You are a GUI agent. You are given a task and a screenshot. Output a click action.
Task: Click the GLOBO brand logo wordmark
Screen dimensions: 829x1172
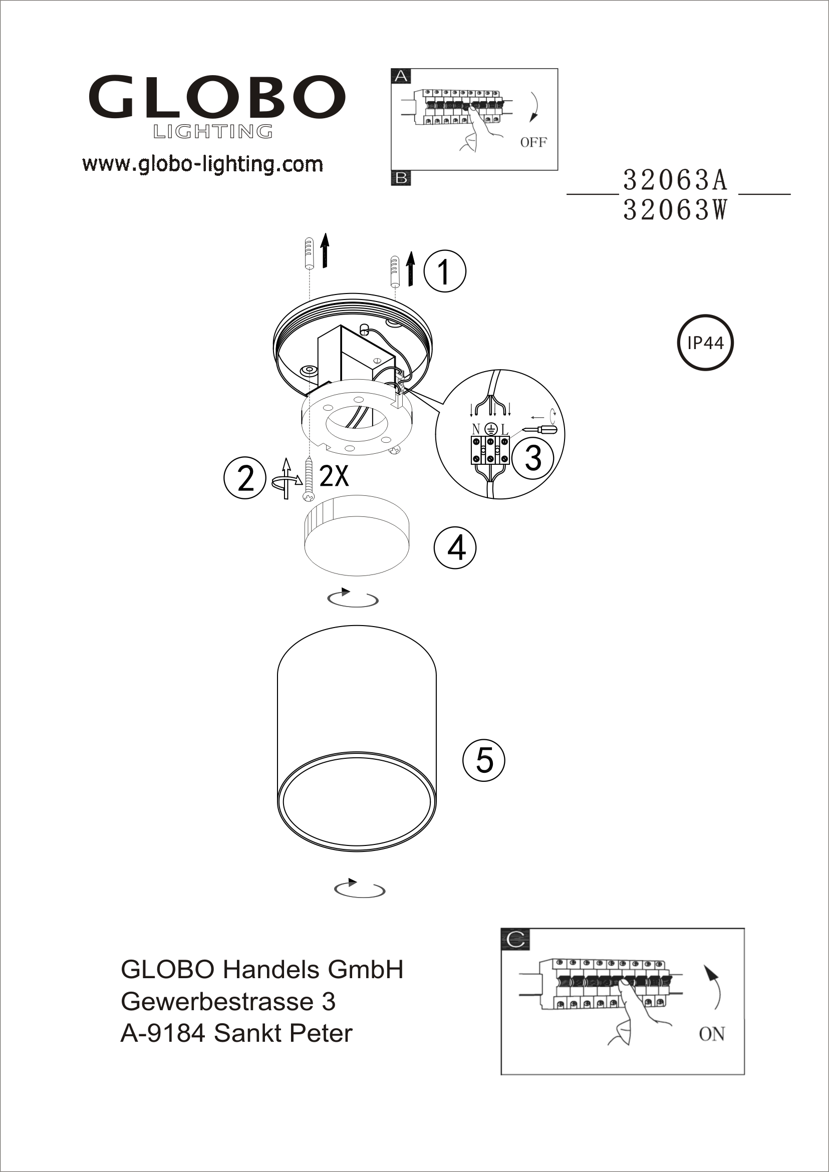tap(217, 97)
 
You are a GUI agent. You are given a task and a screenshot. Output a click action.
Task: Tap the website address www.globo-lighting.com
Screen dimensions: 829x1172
tap(203, 164)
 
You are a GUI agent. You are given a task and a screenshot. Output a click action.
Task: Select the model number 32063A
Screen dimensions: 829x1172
tap(675, 180)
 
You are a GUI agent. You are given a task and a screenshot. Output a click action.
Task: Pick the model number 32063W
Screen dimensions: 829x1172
tap(675, 209)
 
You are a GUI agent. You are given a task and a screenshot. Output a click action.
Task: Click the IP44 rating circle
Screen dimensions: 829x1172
tap(705, 343)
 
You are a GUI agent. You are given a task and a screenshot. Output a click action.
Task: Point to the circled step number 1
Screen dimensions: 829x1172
tap(445, 271)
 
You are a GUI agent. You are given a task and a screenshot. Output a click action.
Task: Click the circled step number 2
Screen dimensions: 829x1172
tap(245, 478)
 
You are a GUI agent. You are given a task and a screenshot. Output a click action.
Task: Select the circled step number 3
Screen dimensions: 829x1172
tap(532, 457)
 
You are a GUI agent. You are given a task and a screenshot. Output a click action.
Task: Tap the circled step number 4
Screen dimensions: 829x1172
tap(455, 548)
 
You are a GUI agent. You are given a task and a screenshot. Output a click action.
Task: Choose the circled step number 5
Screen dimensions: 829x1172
tap(483, 760)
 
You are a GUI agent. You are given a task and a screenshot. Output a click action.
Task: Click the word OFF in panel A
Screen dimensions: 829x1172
tap(533, 142)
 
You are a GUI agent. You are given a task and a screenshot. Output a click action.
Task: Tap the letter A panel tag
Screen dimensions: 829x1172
tap(401, 76)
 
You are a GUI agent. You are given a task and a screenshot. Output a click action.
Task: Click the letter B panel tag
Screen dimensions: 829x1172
tap(401, 178)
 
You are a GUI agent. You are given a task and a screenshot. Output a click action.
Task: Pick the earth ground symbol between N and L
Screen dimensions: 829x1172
tap(490, 429)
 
